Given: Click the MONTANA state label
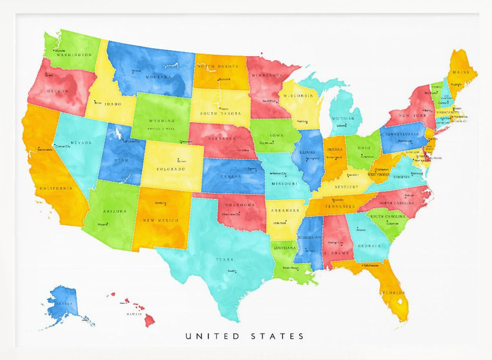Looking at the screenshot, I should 158,77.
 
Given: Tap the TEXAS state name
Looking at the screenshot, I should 224,259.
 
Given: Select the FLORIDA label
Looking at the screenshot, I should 394,292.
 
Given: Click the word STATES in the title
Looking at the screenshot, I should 277,336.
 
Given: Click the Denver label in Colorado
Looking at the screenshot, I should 182,161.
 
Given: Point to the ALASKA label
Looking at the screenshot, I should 63,304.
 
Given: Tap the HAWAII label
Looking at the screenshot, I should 134,314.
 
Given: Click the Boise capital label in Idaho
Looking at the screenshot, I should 97,102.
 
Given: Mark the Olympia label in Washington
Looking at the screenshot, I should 60,50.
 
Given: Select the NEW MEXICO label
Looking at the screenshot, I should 161,220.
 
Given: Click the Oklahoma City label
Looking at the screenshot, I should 231,214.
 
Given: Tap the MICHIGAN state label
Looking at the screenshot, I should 343,119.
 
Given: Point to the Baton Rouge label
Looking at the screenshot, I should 291,268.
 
